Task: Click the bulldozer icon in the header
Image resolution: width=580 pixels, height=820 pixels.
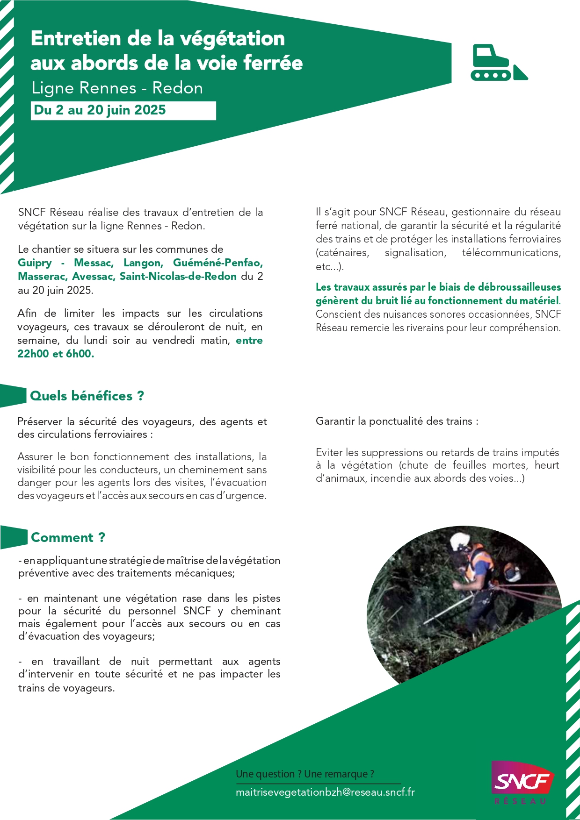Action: pyautogui.click(x=498, y=63)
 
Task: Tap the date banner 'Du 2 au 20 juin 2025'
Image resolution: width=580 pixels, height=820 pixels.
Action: pyautogui.click(x=100, y=110)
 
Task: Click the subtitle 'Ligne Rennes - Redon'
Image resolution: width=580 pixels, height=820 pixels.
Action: pyautogui.click(x=117, y=88)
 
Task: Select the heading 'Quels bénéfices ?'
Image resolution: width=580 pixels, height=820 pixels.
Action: pyautogui.click(x=87, y=396)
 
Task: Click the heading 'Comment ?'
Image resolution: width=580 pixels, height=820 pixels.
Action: pyautogui.click(x=68, y=537)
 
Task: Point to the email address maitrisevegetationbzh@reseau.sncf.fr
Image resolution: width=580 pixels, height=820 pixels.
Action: pyautogui.click(x=325, y=792)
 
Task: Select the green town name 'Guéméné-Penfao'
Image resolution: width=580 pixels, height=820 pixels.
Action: pyautogui.click(x=217, y=263)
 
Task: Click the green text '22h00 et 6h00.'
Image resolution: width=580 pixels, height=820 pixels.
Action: pyautogui.click(x=56, y=354)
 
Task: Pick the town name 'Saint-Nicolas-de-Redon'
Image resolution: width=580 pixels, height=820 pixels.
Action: pyautogui.click(x=178, y=276)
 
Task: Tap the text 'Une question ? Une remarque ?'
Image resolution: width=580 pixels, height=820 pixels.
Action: pyautogui.click(x=304, y=774)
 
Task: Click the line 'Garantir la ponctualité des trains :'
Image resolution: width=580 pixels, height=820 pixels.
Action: pyautogui.click(x=397, y=421)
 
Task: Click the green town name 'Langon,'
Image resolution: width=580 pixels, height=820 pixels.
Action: pyautogui.click(x=143, y=263)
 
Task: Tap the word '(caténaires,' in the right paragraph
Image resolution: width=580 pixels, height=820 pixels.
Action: pyautogui.click(x=342, y=253)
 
